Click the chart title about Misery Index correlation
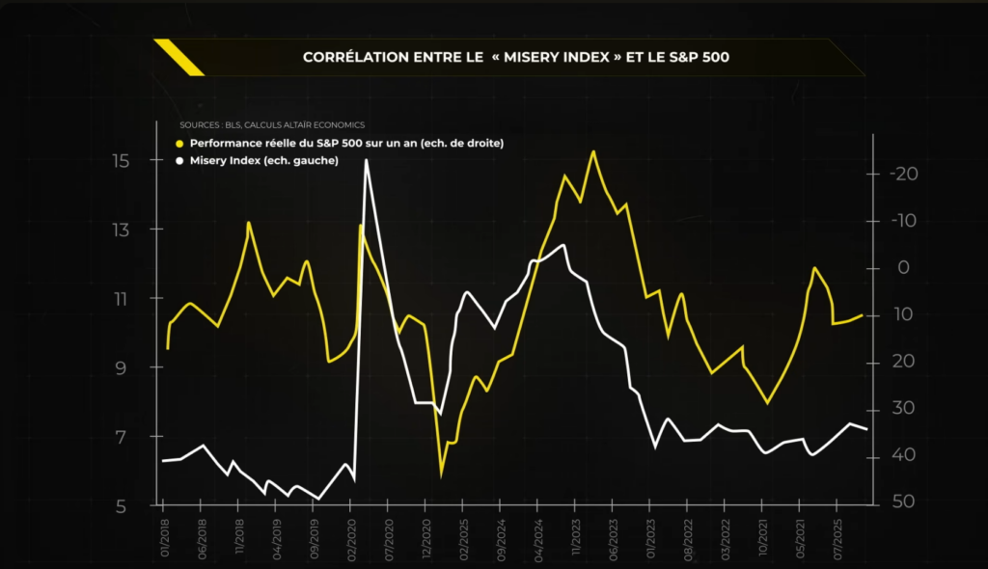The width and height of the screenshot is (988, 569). [516, 57]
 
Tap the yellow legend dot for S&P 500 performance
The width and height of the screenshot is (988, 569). [179, 143]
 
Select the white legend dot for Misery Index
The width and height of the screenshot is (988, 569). [179, 160]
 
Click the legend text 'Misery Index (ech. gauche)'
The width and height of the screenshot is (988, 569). [264, 160]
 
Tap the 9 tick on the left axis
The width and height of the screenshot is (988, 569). [121, 367]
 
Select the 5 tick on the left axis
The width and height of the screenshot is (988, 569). [121, 505]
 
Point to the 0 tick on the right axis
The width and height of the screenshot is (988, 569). [904, 268]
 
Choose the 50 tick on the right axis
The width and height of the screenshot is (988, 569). [904, 502]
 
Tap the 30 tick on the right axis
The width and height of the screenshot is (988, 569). [904, 409]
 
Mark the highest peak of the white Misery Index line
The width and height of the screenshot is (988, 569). [367, 160]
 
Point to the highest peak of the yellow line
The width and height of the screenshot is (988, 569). [592, 151]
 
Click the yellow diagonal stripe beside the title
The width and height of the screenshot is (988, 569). [179, 57]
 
